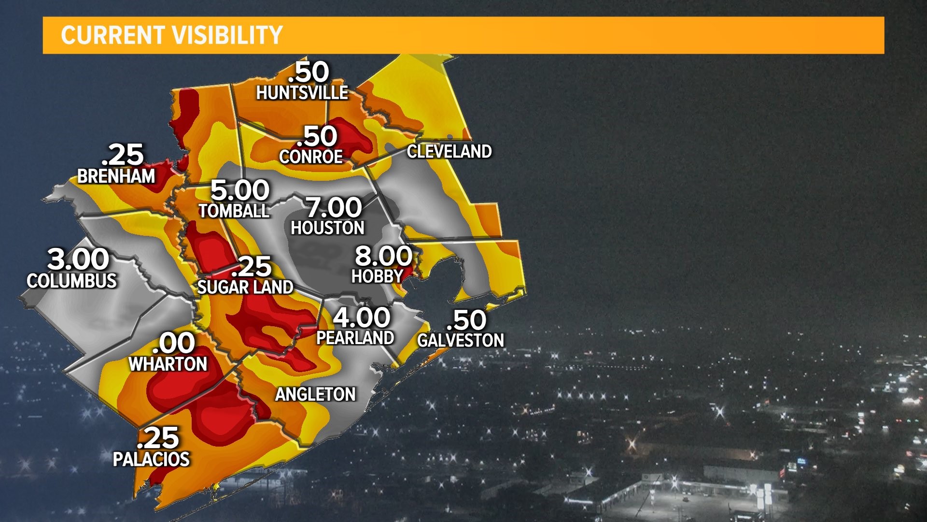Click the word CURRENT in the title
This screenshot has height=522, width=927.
click(112, 35)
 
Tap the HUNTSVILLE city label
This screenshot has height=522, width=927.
click(302, 92)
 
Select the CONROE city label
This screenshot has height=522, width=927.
click(311, 157)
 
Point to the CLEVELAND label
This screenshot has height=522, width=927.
click(449, 151)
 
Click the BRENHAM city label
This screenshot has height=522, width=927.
click(116, 176)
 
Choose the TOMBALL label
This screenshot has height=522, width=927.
click(234, 211)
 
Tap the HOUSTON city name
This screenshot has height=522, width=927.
click(327, 228)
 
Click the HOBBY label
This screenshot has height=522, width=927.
click(377, 276)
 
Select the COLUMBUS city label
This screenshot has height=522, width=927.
click(72, 281)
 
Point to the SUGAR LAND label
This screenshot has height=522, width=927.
click(245, 288)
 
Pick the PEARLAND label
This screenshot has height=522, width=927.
click(355, 338)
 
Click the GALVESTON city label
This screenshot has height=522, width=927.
click(461, 340)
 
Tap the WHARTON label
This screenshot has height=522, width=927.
click(168, 364)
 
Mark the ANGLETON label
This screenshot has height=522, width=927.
click(315, 394)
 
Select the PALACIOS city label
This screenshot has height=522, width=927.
click(151, 459)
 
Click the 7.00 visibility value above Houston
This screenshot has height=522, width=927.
click(334, 208)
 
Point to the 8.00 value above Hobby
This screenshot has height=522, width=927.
click(383, 256)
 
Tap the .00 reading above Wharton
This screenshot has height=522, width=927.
click(173, 343)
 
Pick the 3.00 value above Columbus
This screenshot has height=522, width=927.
click(78, 260)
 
